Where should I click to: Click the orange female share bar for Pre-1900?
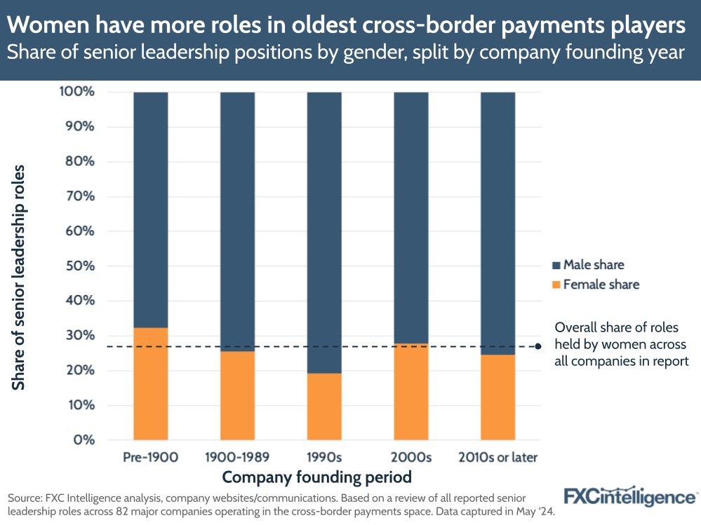click(x=150, y=383)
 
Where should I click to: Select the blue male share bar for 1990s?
click(x=324, y=231)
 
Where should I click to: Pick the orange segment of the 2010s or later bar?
click(x=498, y=397)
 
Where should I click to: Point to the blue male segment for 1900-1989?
click(x=237, y=221)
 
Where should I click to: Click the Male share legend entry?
click(x=593, y=265)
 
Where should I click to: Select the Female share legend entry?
click(x=601, y=285)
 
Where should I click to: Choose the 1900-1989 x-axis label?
click(x=237, y=458)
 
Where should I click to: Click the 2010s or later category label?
click(x=498, y=458)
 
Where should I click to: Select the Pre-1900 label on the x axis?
click(x=150, y=458)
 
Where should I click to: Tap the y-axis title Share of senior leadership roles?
click(x=19, y=277)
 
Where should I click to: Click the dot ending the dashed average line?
click(x=538, y=346)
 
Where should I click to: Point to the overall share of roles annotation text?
click(x=620, y=344)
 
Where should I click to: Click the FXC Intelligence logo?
click(x=630, y=496)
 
